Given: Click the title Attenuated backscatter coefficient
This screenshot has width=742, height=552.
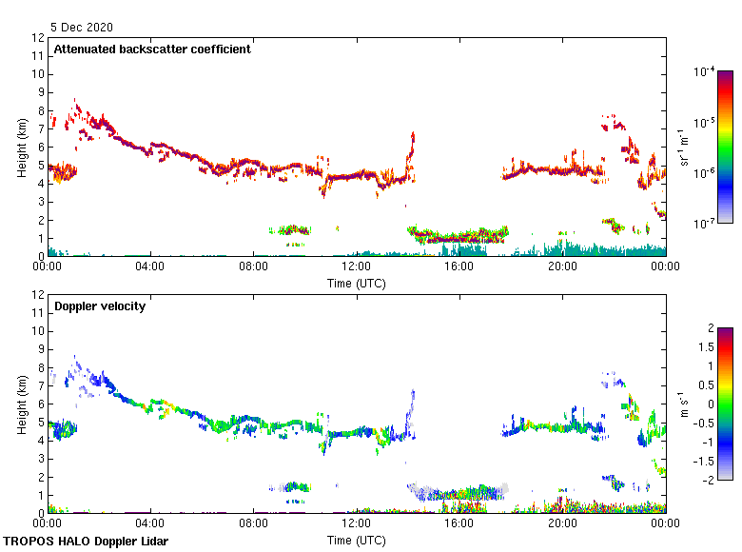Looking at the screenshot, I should coord(152,49).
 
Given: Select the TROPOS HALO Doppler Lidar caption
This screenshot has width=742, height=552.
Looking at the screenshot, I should coord(86,542).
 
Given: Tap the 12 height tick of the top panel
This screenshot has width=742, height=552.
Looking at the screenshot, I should coord(39,38).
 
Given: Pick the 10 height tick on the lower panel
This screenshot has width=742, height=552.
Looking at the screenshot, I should coord(39,331).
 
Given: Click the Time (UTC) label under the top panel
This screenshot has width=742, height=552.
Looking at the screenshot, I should coord(357,283).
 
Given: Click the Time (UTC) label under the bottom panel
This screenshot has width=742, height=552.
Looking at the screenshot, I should coord(357,540).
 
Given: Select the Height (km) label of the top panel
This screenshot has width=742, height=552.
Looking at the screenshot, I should coord(23,148).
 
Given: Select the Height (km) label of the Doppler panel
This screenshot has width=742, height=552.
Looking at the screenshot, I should coord(23,404).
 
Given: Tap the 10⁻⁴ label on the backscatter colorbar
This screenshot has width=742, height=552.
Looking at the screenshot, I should coord(705,72).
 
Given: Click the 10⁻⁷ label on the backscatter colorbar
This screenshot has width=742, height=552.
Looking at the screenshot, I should coord(705,224).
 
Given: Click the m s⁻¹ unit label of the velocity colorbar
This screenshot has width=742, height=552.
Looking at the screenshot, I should coord(683,404).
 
